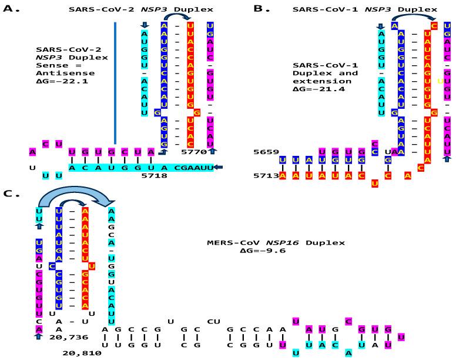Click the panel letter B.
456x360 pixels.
pos(261,9)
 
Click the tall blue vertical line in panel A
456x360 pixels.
pos(115,82)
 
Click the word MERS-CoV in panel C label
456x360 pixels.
pos(229,242)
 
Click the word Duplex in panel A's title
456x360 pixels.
pos(197,9)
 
